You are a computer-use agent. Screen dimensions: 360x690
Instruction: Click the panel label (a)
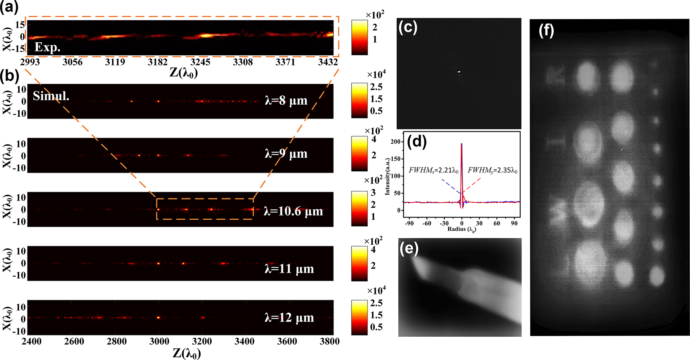click(9, 7)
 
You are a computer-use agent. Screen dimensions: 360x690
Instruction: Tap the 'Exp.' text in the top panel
click(47, 47)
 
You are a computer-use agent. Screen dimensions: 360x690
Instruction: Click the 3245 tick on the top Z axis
click(200, 62)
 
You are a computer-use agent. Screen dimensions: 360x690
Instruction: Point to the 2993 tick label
click(30, 62)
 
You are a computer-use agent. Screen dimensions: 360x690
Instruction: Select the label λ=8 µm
click(286, 101)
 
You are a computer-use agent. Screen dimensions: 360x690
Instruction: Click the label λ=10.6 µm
click(293, 211)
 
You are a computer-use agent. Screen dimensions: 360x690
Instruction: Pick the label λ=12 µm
click(289, 318)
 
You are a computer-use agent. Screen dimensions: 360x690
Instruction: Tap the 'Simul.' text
click(51, 96)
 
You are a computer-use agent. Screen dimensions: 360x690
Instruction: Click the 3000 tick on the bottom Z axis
click(159, 341)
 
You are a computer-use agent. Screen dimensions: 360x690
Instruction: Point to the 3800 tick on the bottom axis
click(330, 341)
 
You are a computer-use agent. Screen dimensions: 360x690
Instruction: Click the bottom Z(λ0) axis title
click(186, 353)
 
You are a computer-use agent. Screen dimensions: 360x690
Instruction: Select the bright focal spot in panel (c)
click(459, 71)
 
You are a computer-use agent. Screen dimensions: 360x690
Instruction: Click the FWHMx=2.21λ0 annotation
click(434, 171)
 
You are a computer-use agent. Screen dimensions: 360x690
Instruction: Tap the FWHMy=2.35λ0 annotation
click(492, 171)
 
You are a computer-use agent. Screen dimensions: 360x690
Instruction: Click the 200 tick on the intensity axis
click(396, 142)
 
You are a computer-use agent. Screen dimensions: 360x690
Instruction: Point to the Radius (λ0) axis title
click(461, 229)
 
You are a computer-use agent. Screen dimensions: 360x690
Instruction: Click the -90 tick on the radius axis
click(409, 223)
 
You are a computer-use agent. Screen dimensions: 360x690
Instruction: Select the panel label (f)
click(546, 31)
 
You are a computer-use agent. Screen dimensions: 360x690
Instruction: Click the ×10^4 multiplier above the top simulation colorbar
click(376, 74)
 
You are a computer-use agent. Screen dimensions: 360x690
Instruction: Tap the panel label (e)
click(408, 248)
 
